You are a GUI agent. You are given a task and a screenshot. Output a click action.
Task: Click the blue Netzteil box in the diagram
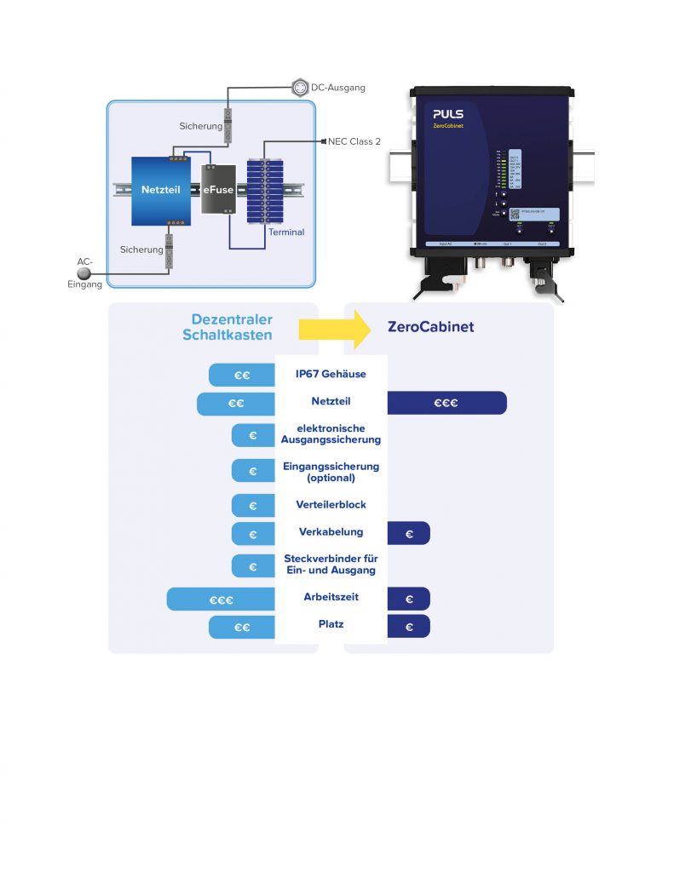(160, 191)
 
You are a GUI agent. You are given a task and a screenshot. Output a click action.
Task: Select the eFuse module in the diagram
(218, 188)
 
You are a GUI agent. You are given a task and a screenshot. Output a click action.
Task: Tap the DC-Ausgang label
(337, 88)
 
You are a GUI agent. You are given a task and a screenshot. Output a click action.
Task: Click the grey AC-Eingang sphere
(84, 273)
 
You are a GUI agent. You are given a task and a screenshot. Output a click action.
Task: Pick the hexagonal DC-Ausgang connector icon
(299, 87)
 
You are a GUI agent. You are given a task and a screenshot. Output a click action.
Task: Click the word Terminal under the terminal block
(286, 232)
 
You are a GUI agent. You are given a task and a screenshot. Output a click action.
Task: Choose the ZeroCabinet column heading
(430, 327)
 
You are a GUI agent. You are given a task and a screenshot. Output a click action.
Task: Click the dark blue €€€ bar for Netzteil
(446, 404)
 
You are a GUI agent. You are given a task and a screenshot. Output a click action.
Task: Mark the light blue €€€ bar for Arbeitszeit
(222, 599)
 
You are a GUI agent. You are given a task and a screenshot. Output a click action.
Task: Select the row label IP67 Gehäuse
(331, 375)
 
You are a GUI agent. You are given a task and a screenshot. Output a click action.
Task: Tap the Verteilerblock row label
(331, 505)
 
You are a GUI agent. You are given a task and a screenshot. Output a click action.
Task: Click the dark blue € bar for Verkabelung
(409, 534)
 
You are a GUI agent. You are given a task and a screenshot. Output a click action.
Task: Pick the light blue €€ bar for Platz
(242, 628)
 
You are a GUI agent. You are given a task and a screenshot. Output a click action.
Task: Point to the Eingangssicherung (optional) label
(331, 472)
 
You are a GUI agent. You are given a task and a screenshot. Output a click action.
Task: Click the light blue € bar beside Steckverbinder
(253, 566)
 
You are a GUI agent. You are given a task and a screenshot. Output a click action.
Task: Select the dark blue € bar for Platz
(409, 628)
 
